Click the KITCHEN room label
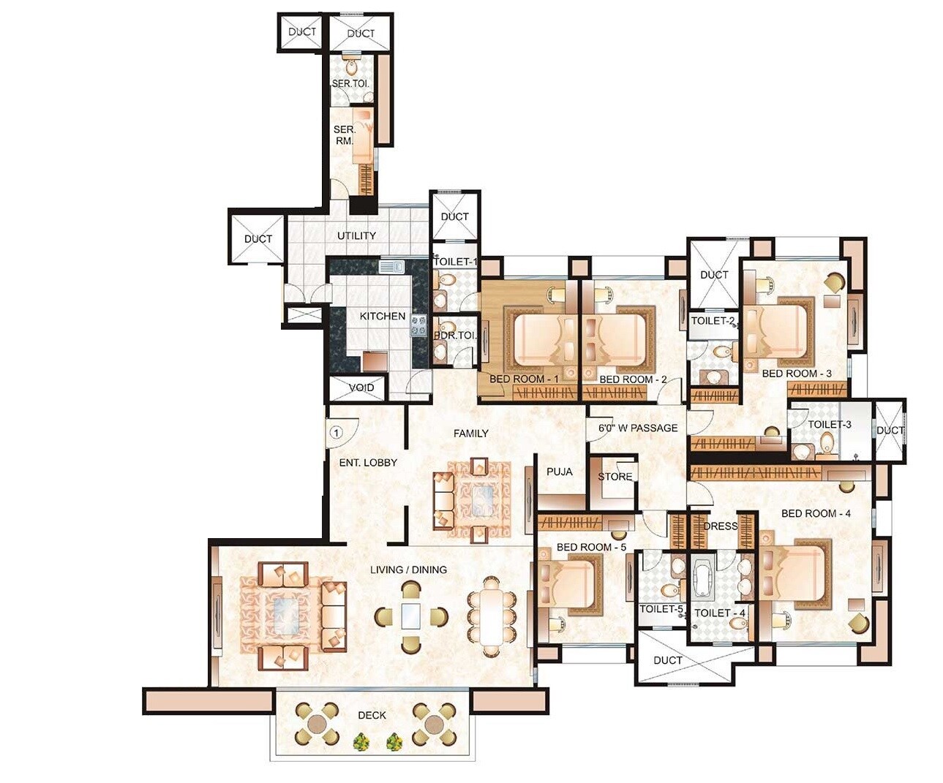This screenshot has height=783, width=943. point(382,317)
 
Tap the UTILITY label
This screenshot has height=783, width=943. point(356,235)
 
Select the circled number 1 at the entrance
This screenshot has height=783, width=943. point(336,432)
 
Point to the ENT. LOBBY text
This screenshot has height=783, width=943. point(368,463)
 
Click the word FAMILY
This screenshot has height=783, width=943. point(470,434)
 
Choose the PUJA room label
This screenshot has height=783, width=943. point(560,472)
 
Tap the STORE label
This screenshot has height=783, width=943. point(615,477)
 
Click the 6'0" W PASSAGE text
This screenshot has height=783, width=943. point(638,428)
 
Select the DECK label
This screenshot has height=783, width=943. point(372,715)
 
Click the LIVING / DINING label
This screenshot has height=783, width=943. point(408,570)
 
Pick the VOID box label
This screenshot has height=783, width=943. point(361,387)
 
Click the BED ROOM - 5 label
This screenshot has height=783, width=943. point(591,547)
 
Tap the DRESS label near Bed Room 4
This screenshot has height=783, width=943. point(720,526)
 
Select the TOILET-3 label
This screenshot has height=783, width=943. point(830,425)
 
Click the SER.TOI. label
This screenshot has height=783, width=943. point(351,84)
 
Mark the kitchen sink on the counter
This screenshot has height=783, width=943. point(391,267)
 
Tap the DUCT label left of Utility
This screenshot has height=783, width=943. point(258,239)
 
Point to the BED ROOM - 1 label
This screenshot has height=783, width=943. point(524,379)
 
